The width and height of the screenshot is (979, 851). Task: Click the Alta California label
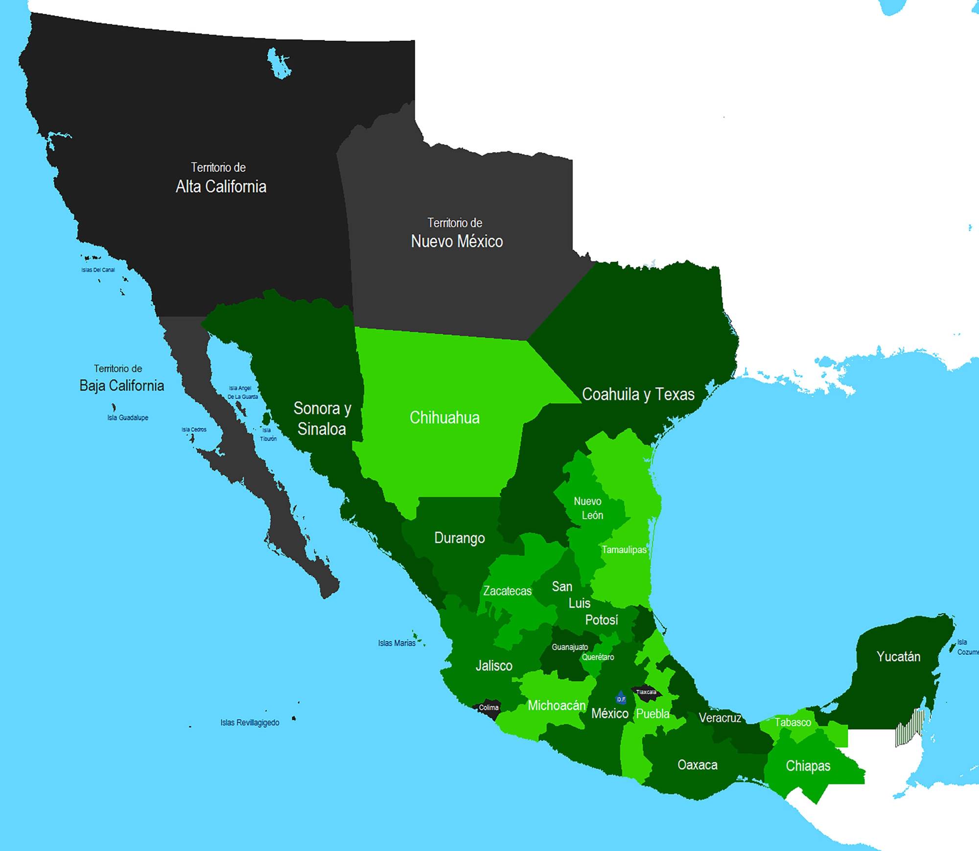pos(221,186)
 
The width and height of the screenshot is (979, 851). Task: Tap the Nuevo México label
pos(457,241)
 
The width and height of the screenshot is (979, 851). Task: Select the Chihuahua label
pos(444,417)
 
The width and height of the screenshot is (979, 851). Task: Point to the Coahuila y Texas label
pos(638,394)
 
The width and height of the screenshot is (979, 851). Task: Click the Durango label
pos(459,538)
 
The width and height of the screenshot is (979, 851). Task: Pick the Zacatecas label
pos(507,591)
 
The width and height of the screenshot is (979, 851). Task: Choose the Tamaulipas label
pos(624,550)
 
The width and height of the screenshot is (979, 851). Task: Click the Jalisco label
pos(494,666)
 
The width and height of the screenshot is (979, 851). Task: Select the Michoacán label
pos(557,705)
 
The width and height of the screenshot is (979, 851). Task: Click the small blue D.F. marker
pos(621,698)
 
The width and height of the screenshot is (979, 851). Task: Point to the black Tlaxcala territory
pos(646,692)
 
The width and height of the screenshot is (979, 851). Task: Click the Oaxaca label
pos(697,764)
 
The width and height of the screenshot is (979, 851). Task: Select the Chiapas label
pos(808,765)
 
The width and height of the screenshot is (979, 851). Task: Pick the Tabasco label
pos(793,722)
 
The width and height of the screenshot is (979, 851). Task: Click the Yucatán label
pos(898,656)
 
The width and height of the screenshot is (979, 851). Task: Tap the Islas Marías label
pos(396,643)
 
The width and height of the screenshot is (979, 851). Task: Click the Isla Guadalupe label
pos(128,417)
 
